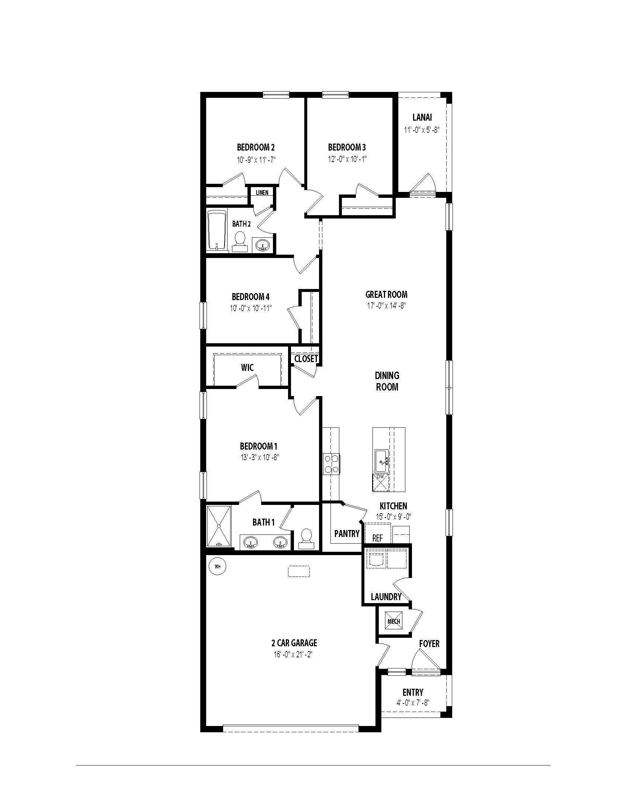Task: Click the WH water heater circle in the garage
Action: point(218,567)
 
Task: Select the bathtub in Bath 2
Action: point(216,231)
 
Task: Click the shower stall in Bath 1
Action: point(218,526)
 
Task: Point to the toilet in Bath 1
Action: point(306,538)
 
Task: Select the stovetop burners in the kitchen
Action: point(331,464)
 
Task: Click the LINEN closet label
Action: point(262,193)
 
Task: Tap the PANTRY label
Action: point(347,534)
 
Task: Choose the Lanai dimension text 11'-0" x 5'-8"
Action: point(422,130)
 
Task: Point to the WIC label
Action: point(247,368)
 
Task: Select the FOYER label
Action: point(429,644)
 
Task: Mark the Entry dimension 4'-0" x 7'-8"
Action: point(413,703)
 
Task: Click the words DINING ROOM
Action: point(387,381)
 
